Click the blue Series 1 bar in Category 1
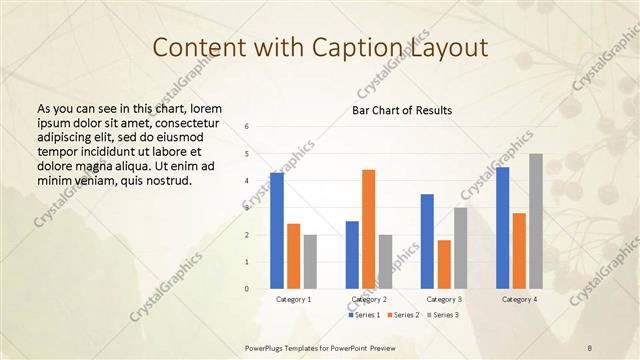pos(277,231)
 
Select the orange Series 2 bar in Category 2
pos(368,229)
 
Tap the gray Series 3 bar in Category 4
pos(535,221)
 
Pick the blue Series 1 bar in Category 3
pos(427,241)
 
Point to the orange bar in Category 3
pos(444,264)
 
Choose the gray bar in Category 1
pos(310,262)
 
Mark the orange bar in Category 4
pos(519,251)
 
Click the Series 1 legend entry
pos(364,315)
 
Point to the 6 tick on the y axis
pos(247,127)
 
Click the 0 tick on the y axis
pos(247,289)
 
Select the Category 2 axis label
pos(368,299)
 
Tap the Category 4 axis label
pos(519,299)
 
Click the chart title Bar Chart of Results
pos(403,110)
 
